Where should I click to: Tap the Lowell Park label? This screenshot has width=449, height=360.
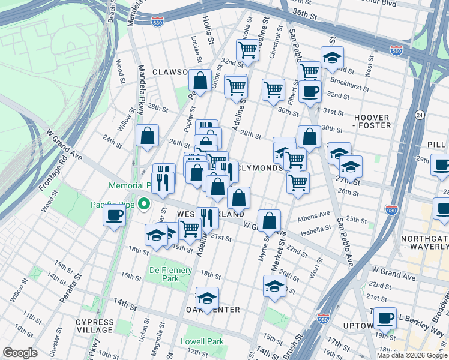(x=202, y=341)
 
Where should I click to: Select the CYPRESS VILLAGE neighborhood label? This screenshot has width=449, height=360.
(x=94, y=326)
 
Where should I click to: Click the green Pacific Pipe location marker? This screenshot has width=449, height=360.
(x=143, y=205)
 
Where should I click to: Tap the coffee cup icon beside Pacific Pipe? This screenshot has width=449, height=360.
(x=113, y=215)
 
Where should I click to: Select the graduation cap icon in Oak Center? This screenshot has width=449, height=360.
(x=208, y=298)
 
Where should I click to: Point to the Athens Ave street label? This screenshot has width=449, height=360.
(x=317, y=215)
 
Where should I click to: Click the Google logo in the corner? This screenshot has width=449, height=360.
(x=20, y=353)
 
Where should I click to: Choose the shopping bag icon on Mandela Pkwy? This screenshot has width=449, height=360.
(x=147, y=136)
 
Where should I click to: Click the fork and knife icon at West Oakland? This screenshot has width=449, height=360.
(x=207, y=218)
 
